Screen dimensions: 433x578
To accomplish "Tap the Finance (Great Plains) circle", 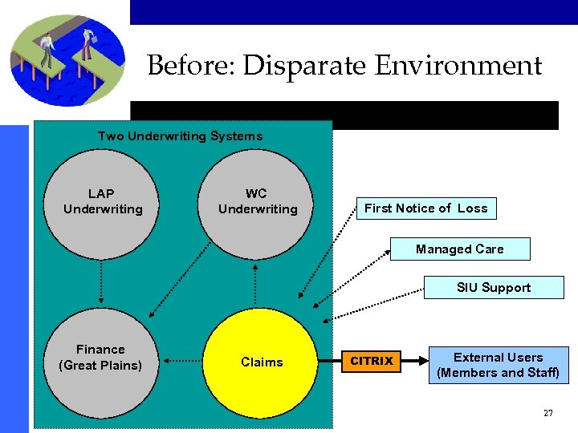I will (101, 358).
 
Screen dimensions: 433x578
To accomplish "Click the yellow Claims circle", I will (261, 362).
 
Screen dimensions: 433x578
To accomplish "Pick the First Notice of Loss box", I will (425, 208).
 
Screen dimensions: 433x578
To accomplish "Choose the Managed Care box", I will (459, 249).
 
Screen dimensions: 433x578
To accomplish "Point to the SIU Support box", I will (493, 288).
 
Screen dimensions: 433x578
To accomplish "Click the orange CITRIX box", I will (372, 362).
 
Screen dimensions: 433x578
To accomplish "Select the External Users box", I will (498, 365).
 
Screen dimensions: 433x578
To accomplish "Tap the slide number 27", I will (547, 413).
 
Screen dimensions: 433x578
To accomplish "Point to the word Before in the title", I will (190, 66).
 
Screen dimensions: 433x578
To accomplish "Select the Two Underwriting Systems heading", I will (180, 136).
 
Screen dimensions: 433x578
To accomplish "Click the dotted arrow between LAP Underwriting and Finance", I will (101, 281).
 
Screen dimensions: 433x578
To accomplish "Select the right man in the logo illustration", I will (87, 45).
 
